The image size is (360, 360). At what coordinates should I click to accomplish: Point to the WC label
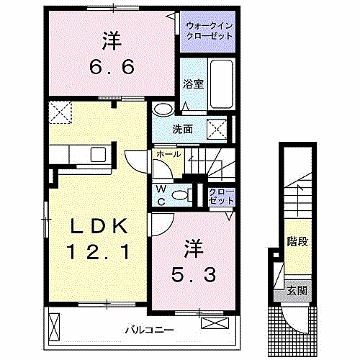162,196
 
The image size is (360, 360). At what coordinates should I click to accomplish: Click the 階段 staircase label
297,240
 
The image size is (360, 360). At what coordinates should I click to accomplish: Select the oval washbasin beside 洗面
163,109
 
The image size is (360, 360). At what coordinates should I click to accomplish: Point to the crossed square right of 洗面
217,129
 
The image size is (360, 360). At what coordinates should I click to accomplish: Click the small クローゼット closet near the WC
216,196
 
